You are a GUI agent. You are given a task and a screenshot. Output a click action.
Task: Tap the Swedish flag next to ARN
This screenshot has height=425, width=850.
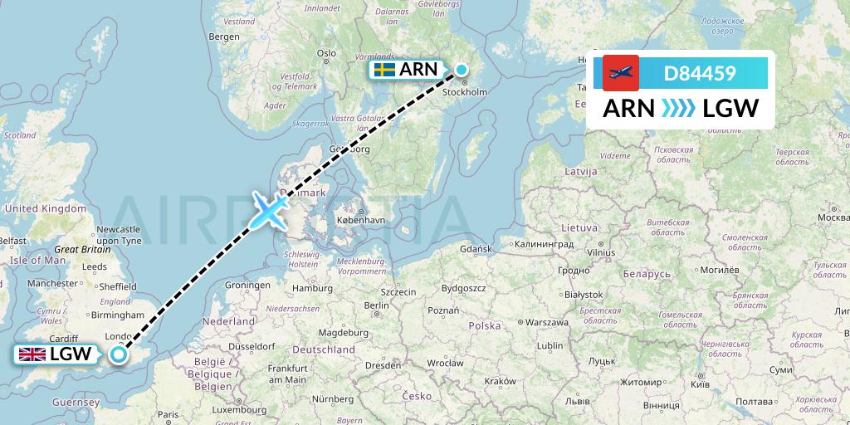(383, 70)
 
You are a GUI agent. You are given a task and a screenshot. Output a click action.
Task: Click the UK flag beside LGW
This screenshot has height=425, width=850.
(32, 355)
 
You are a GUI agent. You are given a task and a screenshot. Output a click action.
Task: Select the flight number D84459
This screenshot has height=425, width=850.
(700, 73)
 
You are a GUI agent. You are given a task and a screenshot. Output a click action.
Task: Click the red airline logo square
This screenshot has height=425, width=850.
(621, 73)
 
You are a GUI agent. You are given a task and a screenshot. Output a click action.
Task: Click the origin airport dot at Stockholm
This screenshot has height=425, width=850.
(462, 71)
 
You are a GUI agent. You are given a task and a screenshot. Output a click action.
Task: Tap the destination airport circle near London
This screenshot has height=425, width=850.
(119, 354)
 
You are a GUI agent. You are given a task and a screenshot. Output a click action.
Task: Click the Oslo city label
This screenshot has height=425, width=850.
(326, 53)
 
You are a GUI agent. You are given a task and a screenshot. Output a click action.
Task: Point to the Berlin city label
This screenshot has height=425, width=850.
(376, 305)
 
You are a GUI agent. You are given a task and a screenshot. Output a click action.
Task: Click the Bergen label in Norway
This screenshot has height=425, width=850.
(224, 37)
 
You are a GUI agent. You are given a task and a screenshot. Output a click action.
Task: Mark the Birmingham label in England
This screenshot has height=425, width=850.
(119, 315)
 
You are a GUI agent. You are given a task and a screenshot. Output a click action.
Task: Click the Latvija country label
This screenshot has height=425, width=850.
(580, 171)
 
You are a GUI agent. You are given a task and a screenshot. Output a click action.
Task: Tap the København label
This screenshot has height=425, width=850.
(361, 220)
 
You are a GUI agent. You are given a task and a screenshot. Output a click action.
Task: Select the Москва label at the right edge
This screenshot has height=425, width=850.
(833, 217)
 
